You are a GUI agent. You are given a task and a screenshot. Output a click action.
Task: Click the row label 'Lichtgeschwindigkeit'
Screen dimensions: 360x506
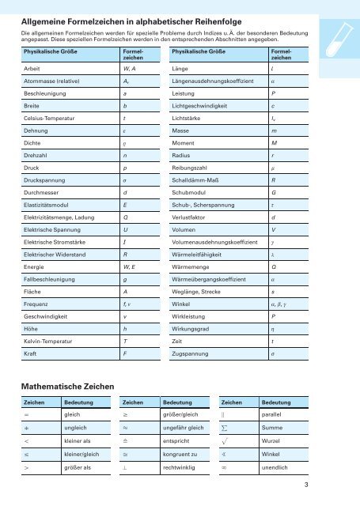coord(205,104)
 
